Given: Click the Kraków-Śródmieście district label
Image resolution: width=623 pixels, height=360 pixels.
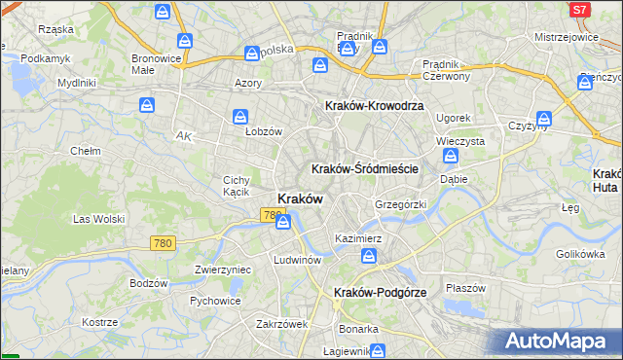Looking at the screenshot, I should point(365,168).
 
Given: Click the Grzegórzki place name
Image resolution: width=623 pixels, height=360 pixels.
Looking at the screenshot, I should point(400,205).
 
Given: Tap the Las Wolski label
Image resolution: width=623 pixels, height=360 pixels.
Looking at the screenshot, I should point(98,218).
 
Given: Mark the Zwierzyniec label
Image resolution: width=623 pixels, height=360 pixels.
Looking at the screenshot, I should point(223,270).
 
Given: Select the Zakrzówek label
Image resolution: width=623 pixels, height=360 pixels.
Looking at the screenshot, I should point(281,324).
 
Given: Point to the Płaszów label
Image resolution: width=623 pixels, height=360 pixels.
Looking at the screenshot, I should point(465,288).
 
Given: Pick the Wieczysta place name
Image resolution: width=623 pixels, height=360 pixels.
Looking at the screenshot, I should point(460,141).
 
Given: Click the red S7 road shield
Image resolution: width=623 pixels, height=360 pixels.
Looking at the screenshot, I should point(579,9).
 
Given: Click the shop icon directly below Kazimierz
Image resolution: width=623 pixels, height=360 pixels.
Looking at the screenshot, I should point(370,256).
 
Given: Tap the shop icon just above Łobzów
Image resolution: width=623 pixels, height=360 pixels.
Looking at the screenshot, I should point(239,117).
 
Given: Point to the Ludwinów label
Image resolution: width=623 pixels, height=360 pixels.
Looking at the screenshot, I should point(297,261).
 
